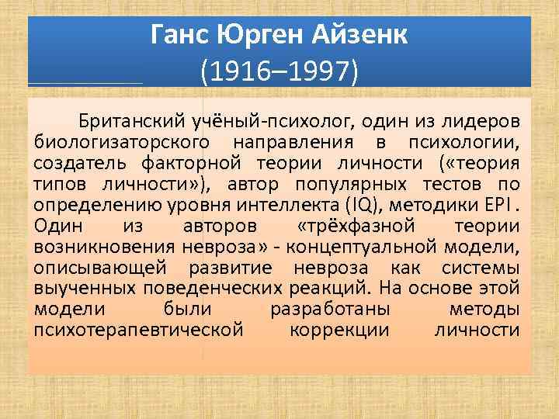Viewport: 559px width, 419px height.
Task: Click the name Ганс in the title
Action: point(176,35)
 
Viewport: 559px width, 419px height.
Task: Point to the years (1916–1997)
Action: point(279,72)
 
